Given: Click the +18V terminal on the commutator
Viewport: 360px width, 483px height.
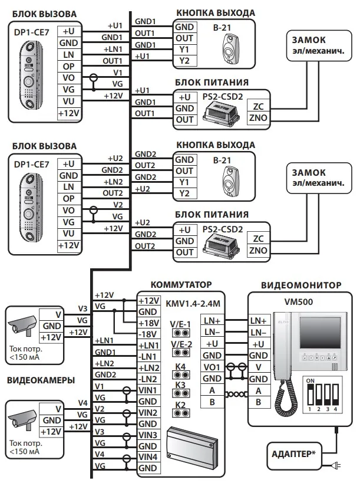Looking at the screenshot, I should click(148, 323).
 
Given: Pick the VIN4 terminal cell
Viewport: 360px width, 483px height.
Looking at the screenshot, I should click(148, 456).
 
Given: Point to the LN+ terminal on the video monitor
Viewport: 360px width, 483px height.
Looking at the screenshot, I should click(258, 320).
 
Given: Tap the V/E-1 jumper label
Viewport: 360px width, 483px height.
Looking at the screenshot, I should click(180, 323).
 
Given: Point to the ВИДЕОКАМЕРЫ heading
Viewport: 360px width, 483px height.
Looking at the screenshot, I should click(40, 380).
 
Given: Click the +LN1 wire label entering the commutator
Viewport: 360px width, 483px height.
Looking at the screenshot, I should click(104, 341).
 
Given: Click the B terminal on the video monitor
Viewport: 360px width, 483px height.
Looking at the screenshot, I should click(258, 402).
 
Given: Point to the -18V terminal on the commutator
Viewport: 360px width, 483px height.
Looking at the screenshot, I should click(148, 334).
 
